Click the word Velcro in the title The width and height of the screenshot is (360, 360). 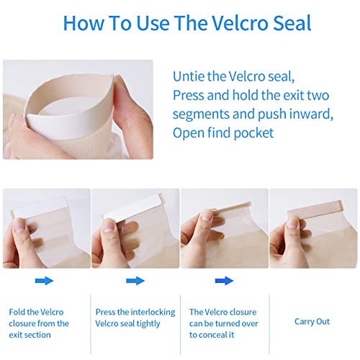click(241, 23)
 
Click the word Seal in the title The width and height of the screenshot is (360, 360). click(292, 23)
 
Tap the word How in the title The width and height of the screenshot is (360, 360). click(84, 23)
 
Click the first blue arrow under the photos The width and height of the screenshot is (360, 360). click(44, 281)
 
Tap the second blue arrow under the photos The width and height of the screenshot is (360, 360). click(135, 281)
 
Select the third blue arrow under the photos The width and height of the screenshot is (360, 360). click(224, 281)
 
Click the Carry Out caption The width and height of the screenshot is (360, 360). click(312, 322)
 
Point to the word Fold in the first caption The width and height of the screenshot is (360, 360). click(17, 312)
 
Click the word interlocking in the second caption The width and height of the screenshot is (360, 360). click(153, 312)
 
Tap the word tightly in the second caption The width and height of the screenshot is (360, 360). click(148, 324)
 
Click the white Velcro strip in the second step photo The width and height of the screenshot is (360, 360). click(132, 207)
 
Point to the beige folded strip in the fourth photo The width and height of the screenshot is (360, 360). click(315, 209)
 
